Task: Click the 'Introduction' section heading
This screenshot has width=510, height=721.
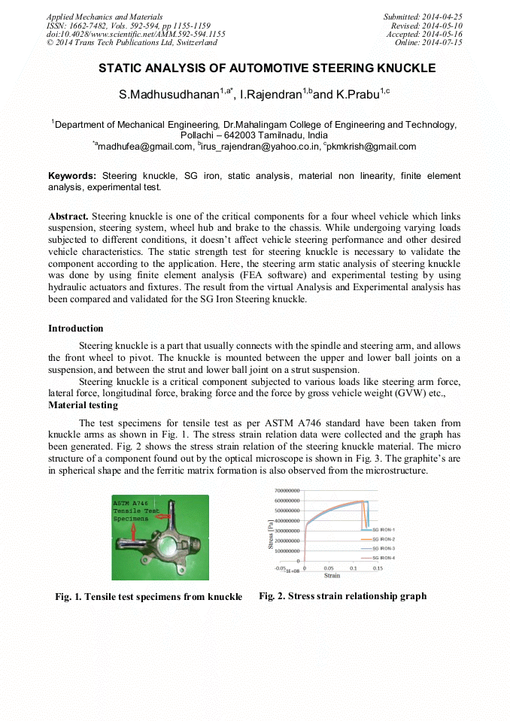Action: pos(76,329)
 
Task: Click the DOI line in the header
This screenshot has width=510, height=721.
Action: pos(135,34)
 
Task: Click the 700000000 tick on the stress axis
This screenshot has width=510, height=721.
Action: pos(287,489)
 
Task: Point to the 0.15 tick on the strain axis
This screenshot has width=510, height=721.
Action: pos(378,568)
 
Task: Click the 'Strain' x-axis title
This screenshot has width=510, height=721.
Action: pos(332,576)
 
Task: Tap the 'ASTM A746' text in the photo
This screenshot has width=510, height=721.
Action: pos(130,502)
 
